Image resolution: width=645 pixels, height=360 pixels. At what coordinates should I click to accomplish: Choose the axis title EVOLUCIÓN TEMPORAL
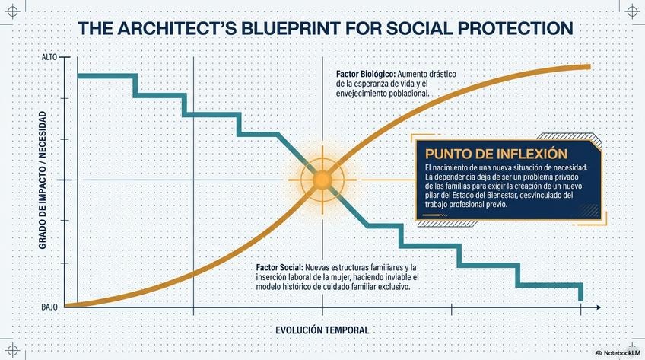coord(322,330)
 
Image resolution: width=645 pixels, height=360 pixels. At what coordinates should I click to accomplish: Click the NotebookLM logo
coord(616,353)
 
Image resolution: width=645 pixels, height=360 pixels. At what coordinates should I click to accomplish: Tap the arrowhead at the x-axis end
coord(601,307)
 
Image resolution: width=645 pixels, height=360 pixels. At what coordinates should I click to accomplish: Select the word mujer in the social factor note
coord(361,279)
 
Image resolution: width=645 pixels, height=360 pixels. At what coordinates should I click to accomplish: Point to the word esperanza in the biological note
coord(383,84)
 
